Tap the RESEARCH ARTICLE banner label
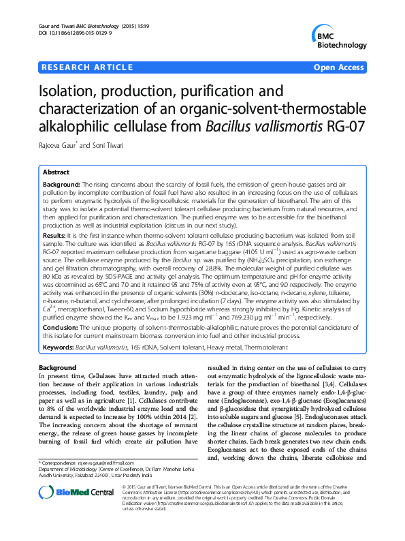point(87,67)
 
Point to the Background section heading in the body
point(58,368)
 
